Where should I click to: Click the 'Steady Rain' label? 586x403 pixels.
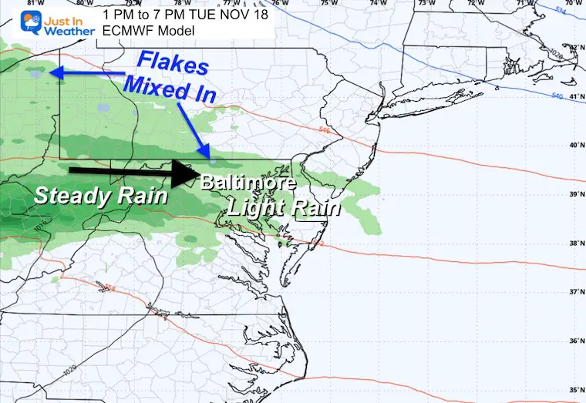click(101, 196)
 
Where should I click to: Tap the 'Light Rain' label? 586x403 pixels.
click(273, 207)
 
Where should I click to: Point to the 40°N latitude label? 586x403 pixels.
click(575, 145)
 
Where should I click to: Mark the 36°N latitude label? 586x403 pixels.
click(575, 341)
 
